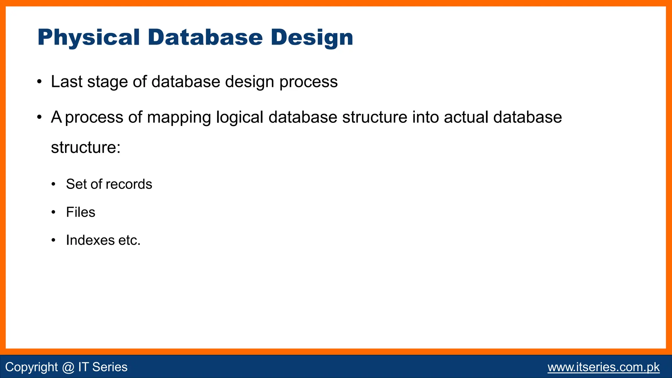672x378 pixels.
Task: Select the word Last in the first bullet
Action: [x=67, y=82]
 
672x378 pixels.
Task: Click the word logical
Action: [x=240, y=118]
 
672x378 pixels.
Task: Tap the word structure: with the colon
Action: [x=86, y=147]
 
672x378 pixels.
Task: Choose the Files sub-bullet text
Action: [x=80, y=212]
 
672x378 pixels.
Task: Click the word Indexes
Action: [x=90, y=240]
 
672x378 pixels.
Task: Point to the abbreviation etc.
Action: [x=129, y=241]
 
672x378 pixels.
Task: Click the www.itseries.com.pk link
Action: [x=603, y=367]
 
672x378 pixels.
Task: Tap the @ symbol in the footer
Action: [x=68, y=367]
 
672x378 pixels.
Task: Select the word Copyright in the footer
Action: [x=31, y=367]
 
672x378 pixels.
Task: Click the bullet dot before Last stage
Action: [x=39, y=82]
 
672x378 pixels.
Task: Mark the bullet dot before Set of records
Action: [x=53, y=184]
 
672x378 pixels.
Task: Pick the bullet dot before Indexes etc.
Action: [x=53, y=241]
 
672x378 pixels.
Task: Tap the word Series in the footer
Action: [x=110, y=367]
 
